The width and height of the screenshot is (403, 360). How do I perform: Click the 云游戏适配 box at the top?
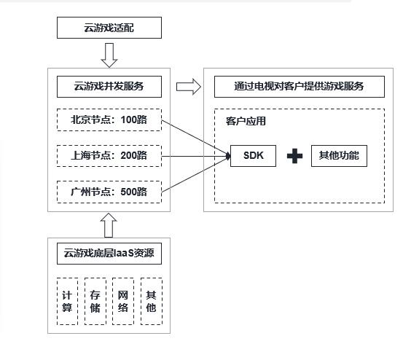point(109,28)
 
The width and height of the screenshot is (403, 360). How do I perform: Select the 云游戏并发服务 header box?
point(109,86)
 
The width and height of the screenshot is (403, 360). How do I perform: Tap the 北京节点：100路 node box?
point(109,120)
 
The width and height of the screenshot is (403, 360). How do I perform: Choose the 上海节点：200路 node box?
point(109,155)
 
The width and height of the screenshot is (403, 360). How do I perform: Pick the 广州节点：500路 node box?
point(109,192)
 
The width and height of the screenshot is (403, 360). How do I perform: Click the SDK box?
point(253,156)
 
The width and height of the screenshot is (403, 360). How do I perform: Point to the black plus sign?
point(294,157)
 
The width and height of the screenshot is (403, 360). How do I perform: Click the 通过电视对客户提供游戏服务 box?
point(299,86)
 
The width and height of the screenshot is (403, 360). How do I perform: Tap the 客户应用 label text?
point(246,121)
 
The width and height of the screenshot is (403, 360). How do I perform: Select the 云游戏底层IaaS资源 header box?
point(109,254)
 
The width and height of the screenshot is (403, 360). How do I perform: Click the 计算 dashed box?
point(67,301)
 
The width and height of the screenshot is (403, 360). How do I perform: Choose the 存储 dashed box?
point(95,301)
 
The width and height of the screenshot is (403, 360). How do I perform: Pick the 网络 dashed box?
point(122,301)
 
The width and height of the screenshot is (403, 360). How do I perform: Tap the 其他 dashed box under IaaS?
point(151,301)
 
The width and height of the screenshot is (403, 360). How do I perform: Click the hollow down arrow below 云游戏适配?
point(109,54)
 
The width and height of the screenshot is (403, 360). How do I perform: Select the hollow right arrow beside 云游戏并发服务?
point(188,87)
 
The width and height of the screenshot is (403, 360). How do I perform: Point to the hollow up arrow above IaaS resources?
point(109,224)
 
